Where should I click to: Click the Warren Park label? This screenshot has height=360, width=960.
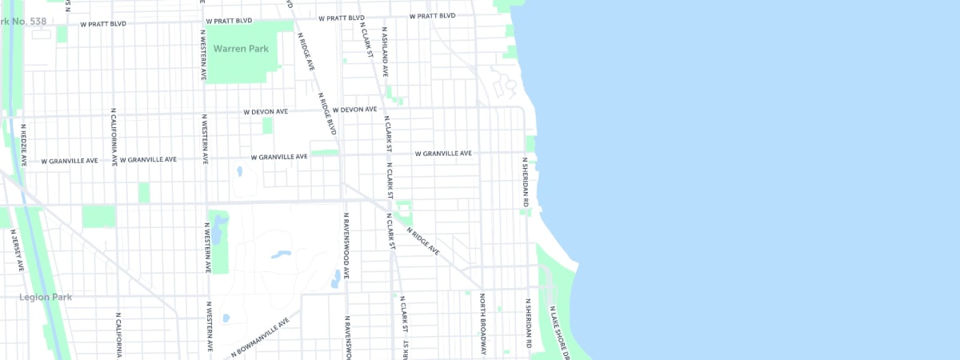241,49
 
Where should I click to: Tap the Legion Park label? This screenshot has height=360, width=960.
46,298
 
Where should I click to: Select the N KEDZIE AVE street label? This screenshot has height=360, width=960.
24,144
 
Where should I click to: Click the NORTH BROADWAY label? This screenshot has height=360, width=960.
483,325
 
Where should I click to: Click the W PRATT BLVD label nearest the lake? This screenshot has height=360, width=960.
432,16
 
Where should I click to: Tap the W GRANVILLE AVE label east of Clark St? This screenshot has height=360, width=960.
443,153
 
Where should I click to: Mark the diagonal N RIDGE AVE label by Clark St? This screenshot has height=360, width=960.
422,241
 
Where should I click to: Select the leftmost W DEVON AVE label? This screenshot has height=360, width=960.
266,112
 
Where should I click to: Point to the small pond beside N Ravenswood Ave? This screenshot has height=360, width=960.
335,279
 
